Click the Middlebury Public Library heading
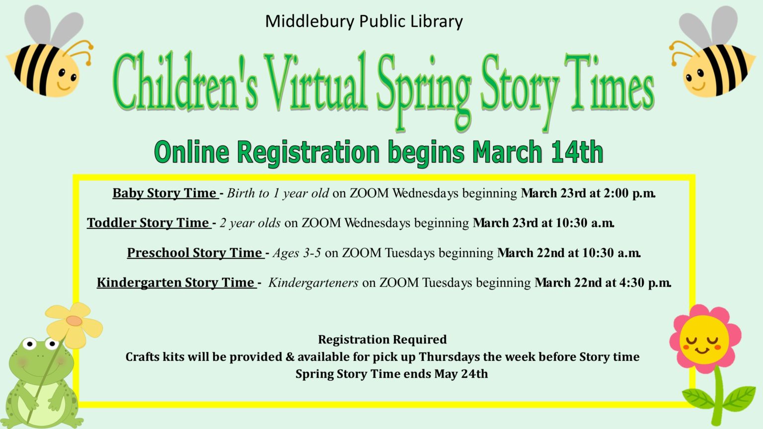pyautogui.click(x=364, y=22)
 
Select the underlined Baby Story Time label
pyautogui.click(x=165, y=193)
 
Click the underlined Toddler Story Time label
pyautogui.click(x=149, y=223)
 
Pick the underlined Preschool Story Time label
pyautogui.click(x=195, y=253)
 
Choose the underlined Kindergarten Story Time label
pyautogui.click(x=176, y=283)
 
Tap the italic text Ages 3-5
pyautogui.click(x=297, y=253)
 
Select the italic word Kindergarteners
pyautogui.click(x=313, y=283)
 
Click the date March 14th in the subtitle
pyautogui.click(x=537, y=152)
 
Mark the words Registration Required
pyautogui.click(x=382, y=340)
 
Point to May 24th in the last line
pyautogui.click(x=461, y=374)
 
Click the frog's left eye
pyautogui.click(x=30, y=344)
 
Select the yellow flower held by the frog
pyautogui.click(x=74, y=325)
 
